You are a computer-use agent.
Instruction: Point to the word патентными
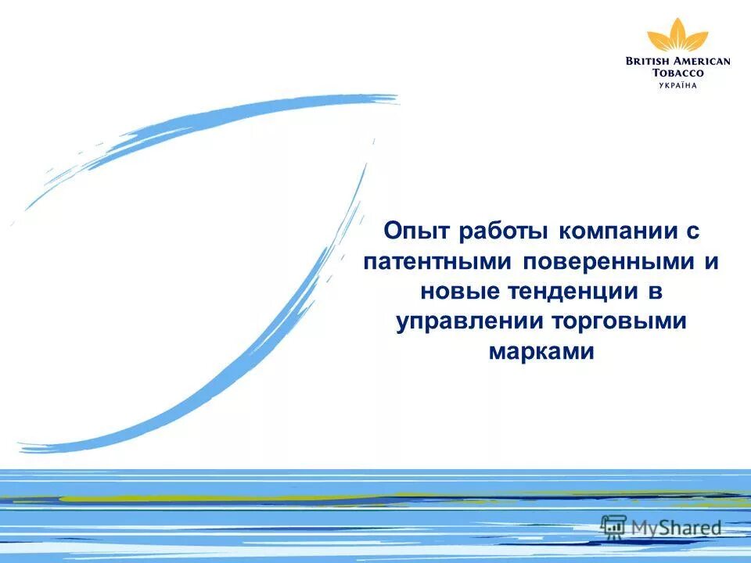[437, 262]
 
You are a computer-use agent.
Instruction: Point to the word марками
[541, 353]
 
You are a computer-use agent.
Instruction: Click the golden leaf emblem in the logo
[677, 35]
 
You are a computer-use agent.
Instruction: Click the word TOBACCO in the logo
[677, 73]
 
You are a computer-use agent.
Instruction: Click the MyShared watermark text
[676, 528]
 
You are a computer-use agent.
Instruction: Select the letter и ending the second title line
[710, 262]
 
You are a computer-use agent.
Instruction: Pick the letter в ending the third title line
[656, 292]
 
